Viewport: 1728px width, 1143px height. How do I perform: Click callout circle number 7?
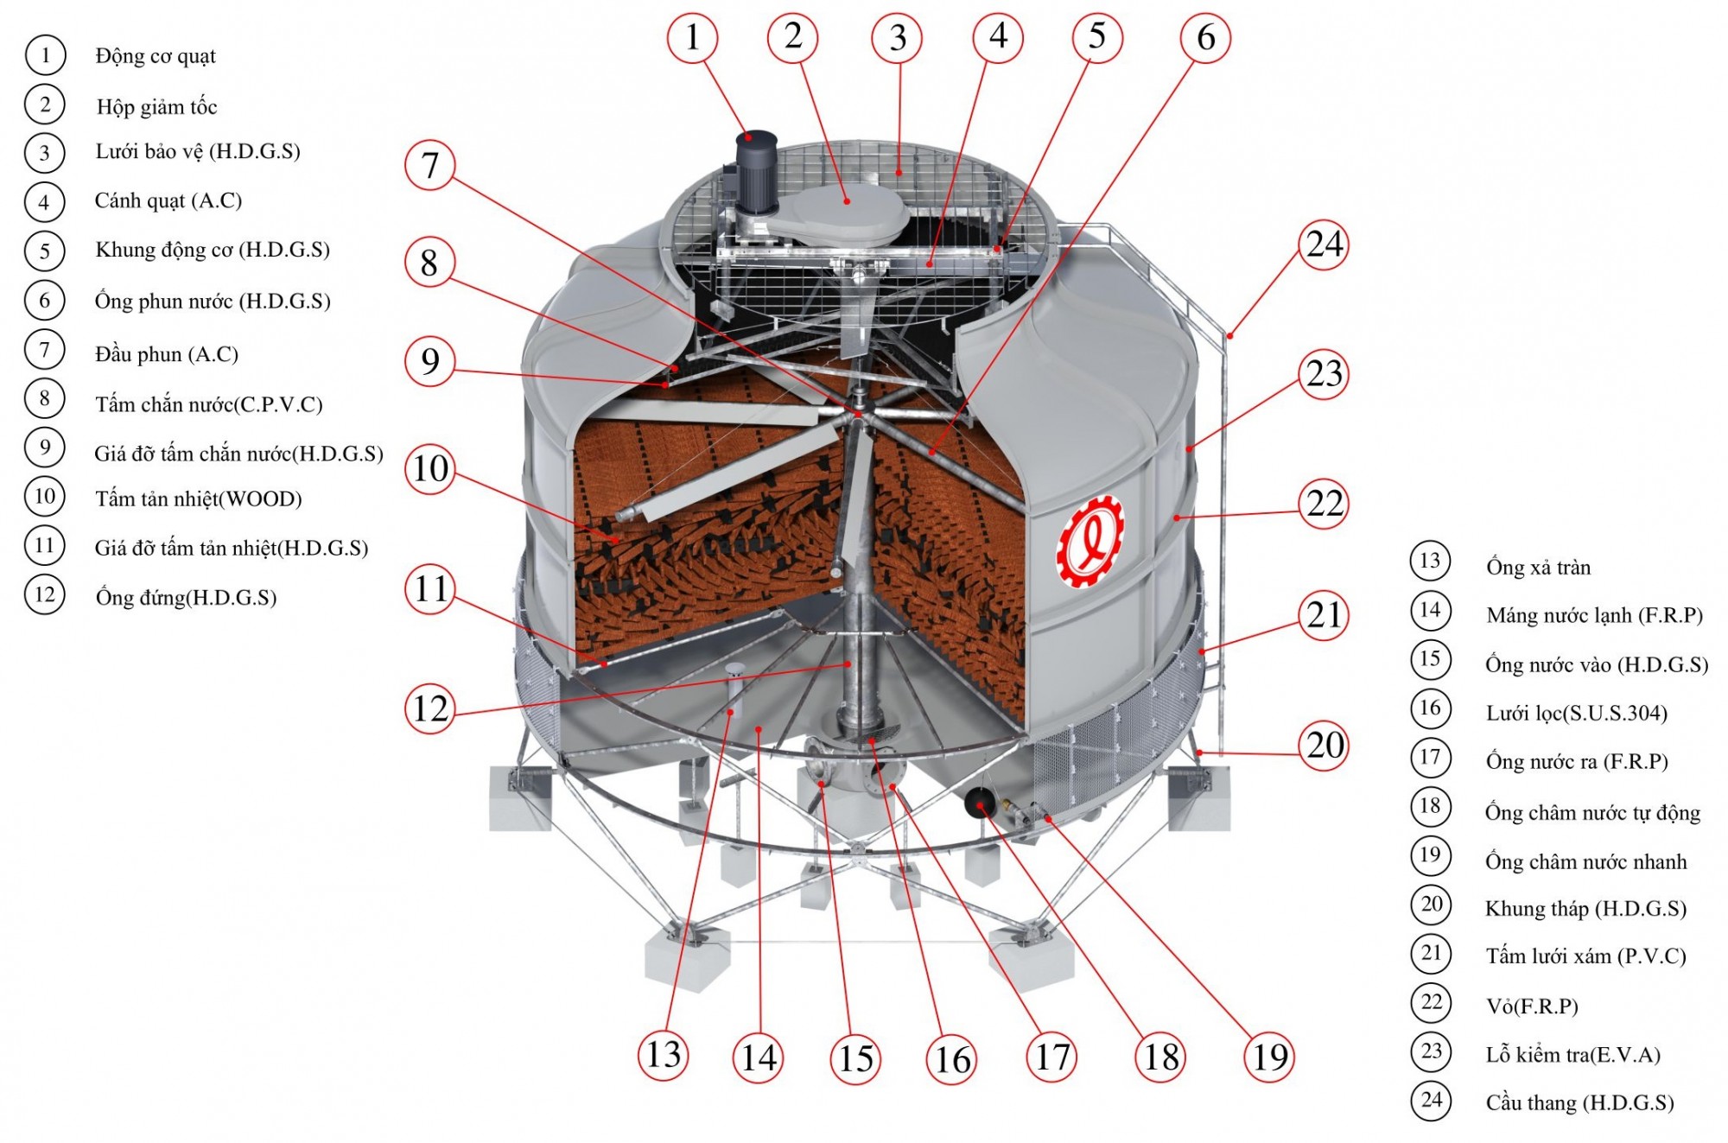(430, 165)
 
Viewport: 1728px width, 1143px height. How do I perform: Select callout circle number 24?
(1324, 244)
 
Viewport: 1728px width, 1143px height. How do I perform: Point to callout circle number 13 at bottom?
(664, 1055)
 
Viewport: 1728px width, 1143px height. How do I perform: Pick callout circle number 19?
(1269, 1057)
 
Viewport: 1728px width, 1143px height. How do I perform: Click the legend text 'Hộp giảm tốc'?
(156, 107)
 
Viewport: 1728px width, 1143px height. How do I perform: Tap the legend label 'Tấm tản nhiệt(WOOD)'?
(198, 498)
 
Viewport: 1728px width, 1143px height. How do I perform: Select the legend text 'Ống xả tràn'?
(1538, 567)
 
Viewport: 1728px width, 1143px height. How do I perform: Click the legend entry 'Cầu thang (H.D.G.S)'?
(1579, 1102)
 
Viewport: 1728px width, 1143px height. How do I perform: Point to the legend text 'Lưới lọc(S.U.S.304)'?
(1576, 713)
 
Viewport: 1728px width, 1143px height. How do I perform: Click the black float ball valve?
(980, 803)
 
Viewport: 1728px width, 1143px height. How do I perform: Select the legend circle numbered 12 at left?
(45, 594)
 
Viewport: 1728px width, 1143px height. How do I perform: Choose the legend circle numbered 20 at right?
(1431, 905)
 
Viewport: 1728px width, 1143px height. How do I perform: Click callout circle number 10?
(430, 468)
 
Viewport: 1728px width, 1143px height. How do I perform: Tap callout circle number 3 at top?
(897, 38)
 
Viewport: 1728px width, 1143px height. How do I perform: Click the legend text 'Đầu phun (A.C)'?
(167, 354)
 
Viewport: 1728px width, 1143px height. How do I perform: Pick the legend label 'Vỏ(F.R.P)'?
(1532, 1006)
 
